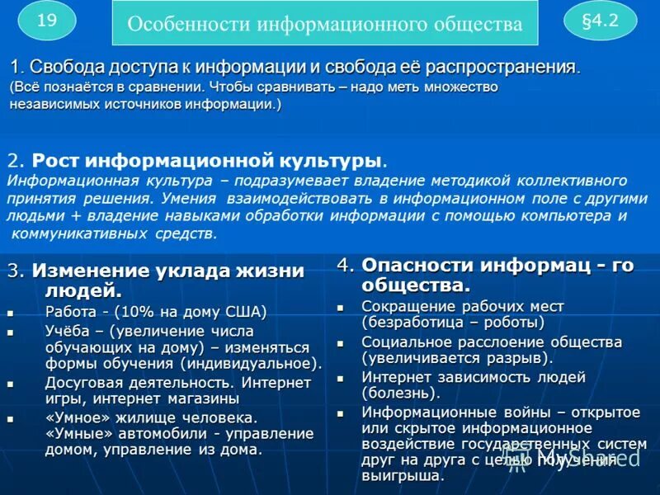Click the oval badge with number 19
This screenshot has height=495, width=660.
click(46, 21)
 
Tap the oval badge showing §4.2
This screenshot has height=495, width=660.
click(600, 21)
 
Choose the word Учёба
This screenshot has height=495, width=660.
click(68, 329)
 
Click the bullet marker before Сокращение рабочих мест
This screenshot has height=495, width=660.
click(341, 307)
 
